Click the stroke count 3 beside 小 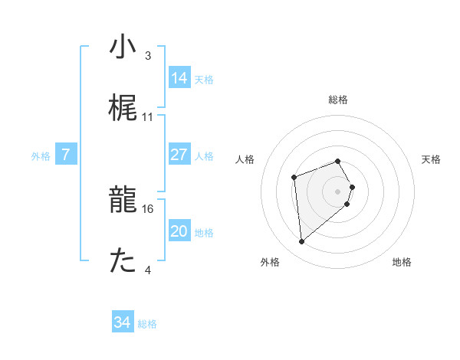(x=147, y=56)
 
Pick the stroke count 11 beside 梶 (x=148, y=117)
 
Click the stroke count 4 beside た (x=148, y=270)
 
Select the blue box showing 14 (x=179, y=78)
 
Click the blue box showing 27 (x=179, y=155)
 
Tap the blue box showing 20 (x=179, y=231)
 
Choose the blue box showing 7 (x=66, y=155)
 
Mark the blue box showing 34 (x=123, y=323)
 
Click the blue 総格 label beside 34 (x=147, y=325)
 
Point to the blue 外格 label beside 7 (x=41, y=156)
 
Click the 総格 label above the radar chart (x=338, y=100)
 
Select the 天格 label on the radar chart (x=432, y=159)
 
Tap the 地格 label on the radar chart (x=402, y=262)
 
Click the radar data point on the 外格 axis (x=302, y=242)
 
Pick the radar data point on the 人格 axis (x=294, y=178)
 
